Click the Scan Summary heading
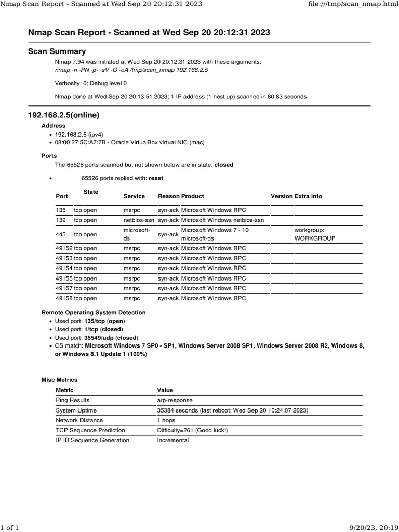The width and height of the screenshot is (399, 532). click(57, 51)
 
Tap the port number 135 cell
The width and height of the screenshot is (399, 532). click(61, 210)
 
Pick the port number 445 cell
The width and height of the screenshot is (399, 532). click(61, 234)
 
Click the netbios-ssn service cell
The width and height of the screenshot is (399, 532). click(139, 220)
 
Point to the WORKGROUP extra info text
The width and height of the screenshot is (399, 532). click(314, 239)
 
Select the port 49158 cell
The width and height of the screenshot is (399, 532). click(64, 298)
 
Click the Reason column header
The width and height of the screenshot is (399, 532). click(168, 196)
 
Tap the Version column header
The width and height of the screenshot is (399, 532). click(282, 196)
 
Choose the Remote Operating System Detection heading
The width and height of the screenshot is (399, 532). click(94, 313)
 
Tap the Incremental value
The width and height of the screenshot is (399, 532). click(173, 440)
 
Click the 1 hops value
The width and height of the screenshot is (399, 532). click(166, 420)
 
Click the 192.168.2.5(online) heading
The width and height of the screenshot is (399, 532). click(63, 115)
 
